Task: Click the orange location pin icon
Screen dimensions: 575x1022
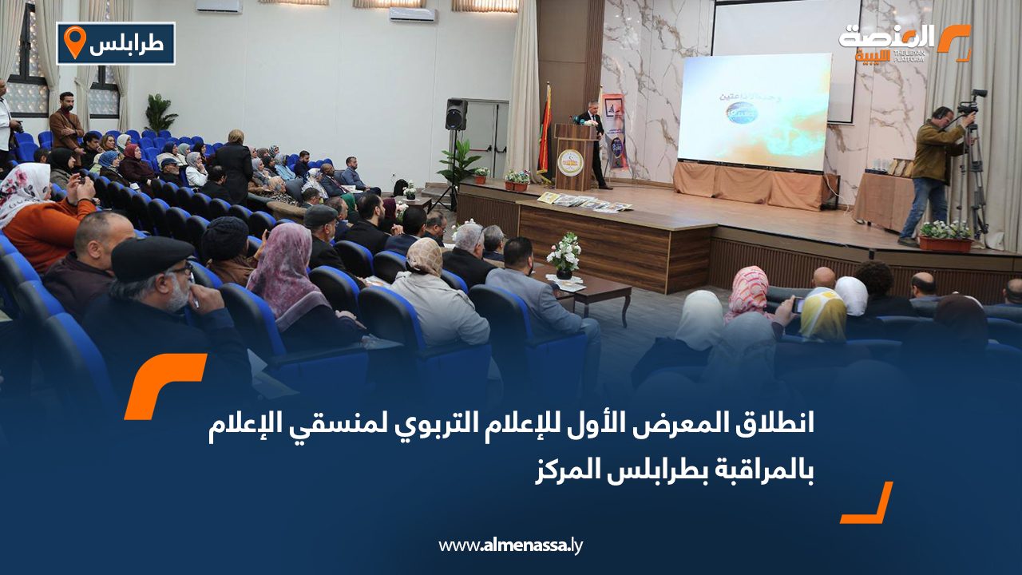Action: point(74,42)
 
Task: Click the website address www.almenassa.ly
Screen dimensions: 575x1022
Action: point(510,545)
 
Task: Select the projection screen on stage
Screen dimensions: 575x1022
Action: point(754,112)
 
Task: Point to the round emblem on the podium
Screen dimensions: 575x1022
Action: point(570,162)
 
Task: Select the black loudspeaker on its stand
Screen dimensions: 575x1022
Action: point(456,114)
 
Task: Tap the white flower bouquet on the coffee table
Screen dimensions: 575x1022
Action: point(564,253)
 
